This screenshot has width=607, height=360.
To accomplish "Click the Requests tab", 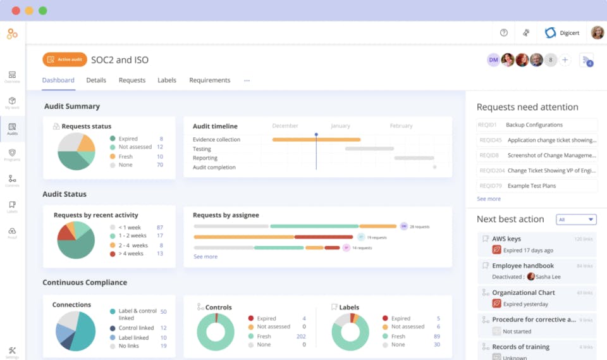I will coord(132,80).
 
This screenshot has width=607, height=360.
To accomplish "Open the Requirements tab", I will coord(209,80).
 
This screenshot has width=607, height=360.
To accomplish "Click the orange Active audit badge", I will coord(64,59).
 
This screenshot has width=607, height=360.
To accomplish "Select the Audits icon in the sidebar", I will coord(12,129).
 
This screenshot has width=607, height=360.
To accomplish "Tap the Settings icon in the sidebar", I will coord(12,352).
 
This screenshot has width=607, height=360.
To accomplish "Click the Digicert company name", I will coord(569,33).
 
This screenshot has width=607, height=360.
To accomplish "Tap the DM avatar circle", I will coord(493,60).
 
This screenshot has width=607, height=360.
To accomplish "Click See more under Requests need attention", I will coord(489,199).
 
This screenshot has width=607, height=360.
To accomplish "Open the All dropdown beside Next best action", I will coord(576,220).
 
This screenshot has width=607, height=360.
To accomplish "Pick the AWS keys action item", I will coord(506,239).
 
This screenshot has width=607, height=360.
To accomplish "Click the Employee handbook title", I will coord(523,266).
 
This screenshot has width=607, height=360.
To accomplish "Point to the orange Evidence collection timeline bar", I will coord(316,139).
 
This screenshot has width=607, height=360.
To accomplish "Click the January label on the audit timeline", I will coord(340,126).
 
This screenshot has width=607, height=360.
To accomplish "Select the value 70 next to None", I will coord(160,165).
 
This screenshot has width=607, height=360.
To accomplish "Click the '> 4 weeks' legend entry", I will coord(132,254).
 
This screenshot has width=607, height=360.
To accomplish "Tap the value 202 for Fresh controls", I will coord(301,337).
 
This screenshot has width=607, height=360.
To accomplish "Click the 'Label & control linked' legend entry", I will coord(137,314).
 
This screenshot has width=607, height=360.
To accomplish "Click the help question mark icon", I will coord(504,33).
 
